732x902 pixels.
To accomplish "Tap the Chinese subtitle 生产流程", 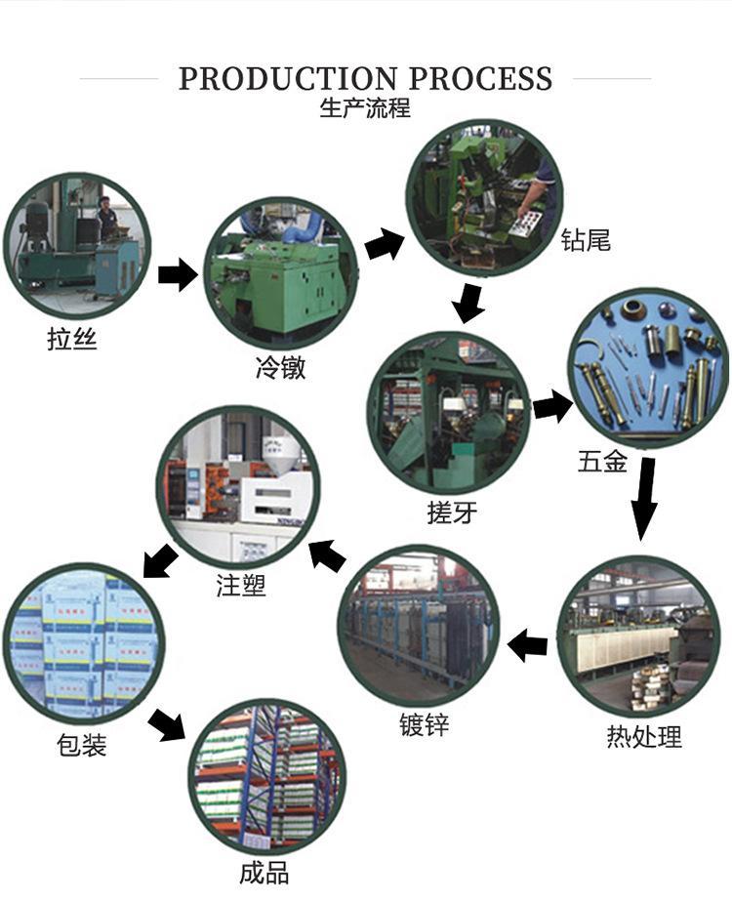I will point(365,107).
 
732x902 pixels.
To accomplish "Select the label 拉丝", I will point(72,340).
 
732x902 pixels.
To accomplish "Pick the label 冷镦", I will point(280,367).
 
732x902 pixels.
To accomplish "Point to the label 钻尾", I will point(586,239).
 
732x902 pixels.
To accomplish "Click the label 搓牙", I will point(452,512).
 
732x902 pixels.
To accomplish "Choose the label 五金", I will point(602,461).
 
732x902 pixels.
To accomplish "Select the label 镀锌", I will point(425,726).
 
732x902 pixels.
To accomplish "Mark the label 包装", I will point(81,746).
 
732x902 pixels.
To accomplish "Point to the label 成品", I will point(264,872).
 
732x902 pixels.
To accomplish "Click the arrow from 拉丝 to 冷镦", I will point(177,275).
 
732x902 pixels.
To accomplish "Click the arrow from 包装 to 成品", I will point(167,724).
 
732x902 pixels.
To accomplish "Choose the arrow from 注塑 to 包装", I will point(160,561).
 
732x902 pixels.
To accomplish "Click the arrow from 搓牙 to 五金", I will point(552,405).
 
